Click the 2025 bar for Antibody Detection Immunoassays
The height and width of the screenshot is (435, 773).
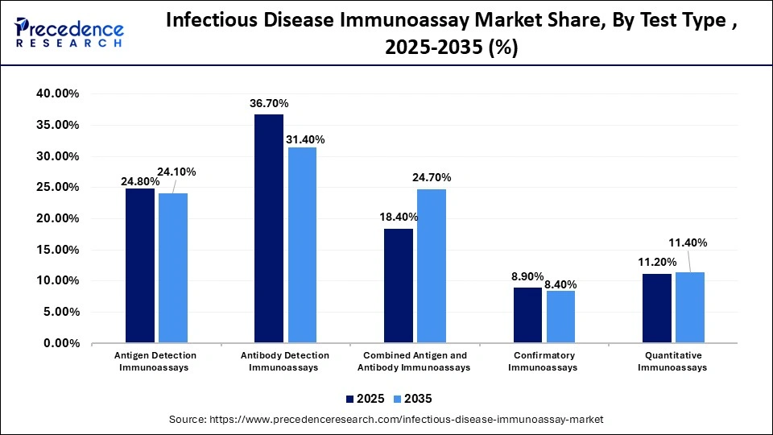click(269, 229)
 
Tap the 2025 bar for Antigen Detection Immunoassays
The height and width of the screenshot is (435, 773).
click(140, 266)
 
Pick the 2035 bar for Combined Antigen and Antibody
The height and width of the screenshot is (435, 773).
click(431, 266)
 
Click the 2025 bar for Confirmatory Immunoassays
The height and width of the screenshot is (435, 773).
click(527, 315)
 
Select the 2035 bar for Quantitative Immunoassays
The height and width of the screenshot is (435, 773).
click(689, 308)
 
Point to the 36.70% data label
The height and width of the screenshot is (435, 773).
click(269, 104)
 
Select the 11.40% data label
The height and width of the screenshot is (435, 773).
click(688, 242)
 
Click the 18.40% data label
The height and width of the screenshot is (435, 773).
click(397, 218)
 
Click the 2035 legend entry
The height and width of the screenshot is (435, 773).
click(413, 399)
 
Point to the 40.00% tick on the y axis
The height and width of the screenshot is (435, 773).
click(57, 94)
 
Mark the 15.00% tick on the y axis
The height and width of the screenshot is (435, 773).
click(57, 250)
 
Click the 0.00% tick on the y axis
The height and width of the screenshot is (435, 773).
click(60, 343)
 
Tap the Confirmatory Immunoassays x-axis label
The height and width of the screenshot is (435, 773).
click(544, 361)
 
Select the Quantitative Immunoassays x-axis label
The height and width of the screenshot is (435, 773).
click(672, 361)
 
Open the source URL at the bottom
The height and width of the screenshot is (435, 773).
click(386, 420)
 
